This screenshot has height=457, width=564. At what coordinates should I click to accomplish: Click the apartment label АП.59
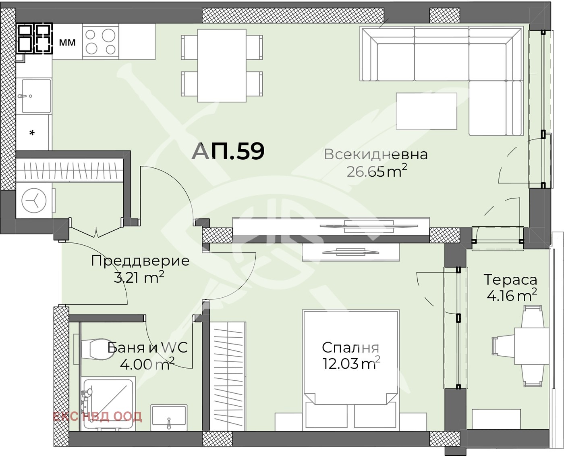pyautogui.click(x=228, y=151)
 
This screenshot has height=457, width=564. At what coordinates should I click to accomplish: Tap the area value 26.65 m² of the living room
pyautogui.click(x=377, y=171)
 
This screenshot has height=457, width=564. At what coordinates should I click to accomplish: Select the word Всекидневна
pyautogui.click(x=375, y=154)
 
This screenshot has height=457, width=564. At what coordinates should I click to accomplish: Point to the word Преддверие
pyautogui.click(x=140, y=261)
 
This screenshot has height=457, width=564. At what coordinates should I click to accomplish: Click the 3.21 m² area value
pyautogui.click(x=139, y=278)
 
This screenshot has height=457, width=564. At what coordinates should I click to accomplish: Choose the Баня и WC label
pyautogui.click(x=147, y=347)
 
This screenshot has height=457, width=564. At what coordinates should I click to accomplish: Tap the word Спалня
pyautogui.click(x=350, y=347)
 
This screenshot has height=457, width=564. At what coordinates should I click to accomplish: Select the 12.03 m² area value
pyautogui.click(x=351, y=364)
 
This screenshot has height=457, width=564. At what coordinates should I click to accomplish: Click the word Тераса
pyautogui.click(x=510, y=279)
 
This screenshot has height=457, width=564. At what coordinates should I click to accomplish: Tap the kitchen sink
pyautogui.click(x=36, y=96)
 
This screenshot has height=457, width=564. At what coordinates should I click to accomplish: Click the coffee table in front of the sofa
pyautogui.click(x=426, y=111)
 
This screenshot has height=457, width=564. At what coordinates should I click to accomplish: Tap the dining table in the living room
pyautogui.click(x=222, y=66)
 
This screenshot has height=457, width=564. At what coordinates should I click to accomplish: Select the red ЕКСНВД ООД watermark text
pyautogui.click(x=97, y=416)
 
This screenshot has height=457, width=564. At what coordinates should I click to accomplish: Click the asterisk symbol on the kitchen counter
pyautogui.click(x=32, y=133)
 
